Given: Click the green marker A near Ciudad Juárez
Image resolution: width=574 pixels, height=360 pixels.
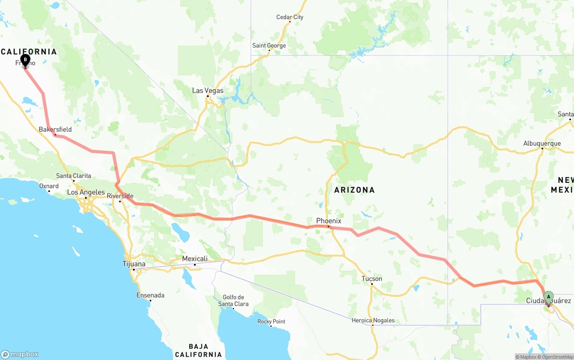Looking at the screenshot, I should point(548,297).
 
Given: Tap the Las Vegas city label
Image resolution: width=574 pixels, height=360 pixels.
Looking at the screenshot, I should point(208,91).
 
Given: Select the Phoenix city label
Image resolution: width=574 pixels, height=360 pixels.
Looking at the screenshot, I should point(329,221).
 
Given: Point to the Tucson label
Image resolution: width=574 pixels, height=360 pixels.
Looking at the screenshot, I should point(372,279).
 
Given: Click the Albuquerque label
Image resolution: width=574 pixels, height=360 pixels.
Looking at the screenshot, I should point(542,143).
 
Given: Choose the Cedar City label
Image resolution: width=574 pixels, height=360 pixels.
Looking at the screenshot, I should point(290,17).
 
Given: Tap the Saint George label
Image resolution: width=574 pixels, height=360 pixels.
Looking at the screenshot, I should point(269,46).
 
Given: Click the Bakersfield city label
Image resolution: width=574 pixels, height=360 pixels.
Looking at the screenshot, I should point(55,130).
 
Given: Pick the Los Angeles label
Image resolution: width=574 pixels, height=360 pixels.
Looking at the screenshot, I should point(86,192).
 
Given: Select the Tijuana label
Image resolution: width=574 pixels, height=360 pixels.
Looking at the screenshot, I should point(134,264).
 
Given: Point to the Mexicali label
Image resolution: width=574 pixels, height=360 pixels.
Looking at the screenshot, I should point(195,259).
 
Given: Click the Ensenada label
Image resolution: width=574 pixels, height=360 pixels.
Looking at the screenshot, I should point(150,295).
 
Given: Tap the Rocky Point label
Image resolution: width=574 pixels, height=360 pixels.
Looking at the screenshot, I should point(271,321).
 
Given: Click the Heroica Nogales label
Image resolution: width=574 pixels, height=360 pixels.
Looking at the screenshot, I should point(373,320).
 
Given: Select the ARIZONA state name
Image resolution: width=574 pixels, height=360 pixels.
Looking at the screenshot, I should point(354,190).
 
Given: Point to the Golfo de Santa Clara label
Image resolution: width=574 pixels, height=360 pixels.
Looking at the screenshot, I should point(233,300).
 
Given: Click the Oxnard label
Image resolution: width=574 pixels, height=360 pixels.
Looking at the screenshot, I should point(49,186).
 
